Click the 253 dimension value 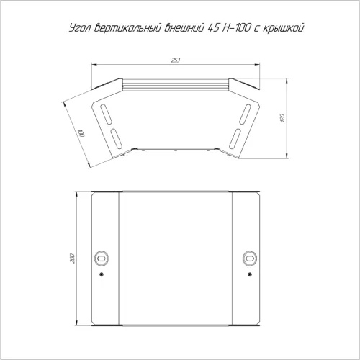176,60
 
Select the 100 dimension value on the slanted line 81,133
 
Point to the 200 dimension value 73,258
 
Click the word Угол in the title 81,28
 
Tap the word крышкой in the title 284,28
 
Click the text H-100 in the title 236,28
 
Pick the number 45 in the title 213,28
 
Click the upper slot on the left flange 106,114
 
